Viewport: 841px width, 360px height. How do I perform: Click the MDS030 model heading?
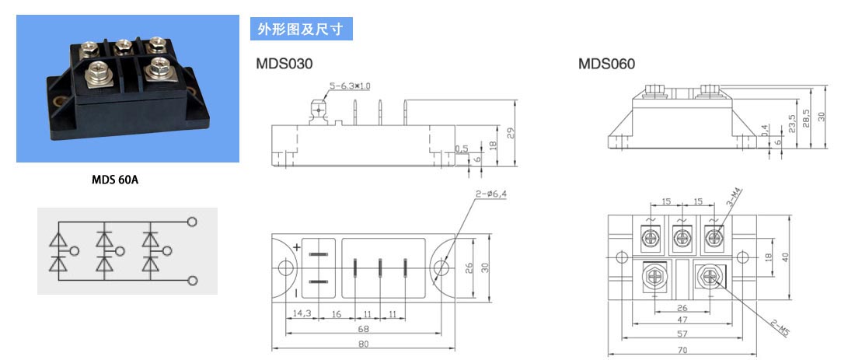point(284,64)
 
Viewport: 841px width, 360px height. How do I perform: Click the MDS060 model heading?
point(606,64)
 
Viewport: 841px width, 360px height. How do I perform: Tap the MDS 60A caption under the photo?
point(115,180)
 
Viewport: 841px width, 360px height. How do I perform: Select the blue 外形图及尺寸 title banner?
point(302,29)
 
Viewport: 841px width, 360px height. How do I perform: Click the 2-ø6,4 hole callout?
point(490,194)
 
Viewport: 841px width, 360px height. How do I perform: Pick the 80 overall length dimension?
point(363,344)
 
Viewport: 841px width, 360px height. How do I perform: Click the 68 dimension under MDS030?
point(363,329)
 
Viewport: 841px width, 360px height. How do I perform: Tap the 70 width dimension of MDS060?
point(682,349)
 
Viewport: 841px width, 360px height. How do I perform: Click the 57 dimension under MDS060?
point(682,334)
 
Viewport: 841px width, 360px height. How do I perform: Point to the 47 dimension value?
point(682,320)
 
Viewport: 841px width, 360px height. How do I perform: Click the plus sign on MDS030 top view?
point(297,247)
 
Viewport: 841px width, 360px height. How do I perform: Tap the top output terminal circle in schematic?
point(192,221)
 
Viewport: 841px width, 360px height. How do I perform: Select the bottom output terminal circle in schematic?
point(193,281)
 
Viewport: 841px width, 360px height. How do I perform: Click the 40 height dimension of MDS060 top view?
point(785,257)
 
